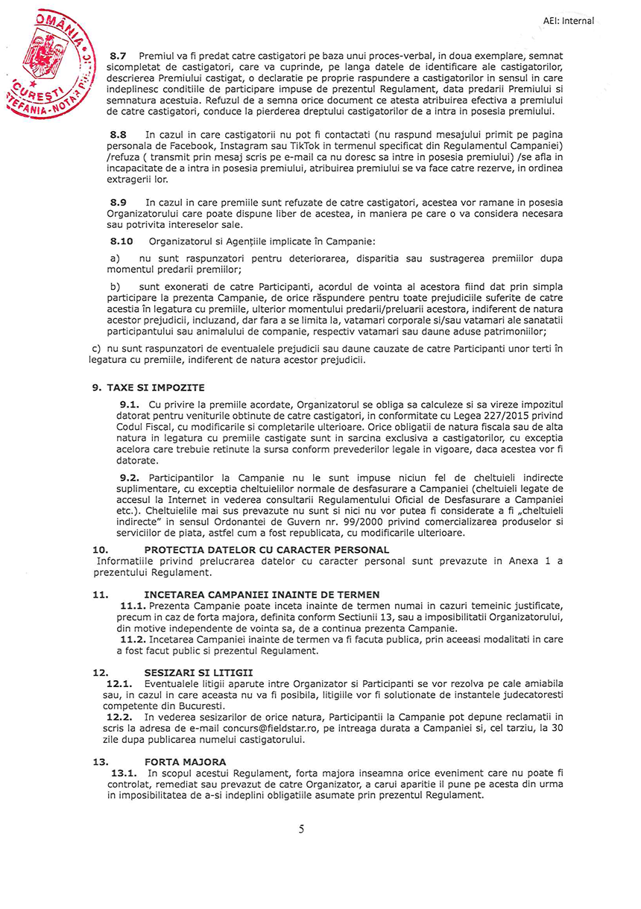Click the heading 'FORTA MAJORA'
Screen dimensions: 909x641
[185, 762]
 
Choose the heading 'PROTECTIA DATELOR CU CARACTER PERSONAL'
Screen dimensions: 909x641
[266, 550]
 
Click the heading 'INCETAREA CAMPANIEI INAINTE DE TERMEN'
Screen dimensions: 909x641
[262, 595]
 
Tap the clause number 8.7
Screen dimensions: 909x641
[119, 56]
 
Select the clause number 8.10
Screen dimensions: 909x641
[121, 241]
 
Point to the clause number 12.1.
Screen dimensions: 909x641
[120, 682]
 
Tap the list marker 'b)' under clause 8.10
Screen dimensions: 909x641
[115, 287]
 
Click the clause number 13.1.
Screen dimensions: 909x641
[124, 773]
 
